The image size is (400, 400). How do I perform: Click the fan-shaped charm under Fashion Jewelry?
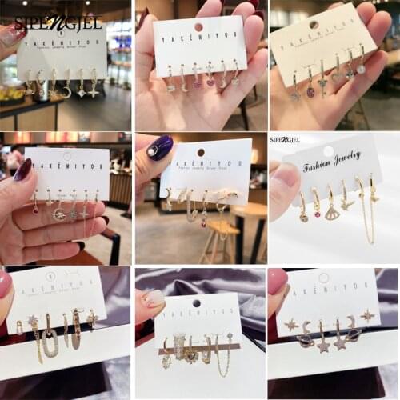click(x=332, y=213)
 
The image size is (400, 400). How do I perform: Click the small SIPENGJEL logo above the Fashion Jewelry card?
click(x=285, y=139)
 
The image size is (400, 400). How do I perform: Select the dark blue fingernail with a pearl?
click(x=159, y=148)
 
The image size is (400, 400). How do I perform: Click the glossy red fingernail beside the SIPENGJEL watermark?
click(x=12, y=34)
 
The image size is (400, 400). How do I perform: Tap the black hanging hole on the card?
click(x=196, y=303)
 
